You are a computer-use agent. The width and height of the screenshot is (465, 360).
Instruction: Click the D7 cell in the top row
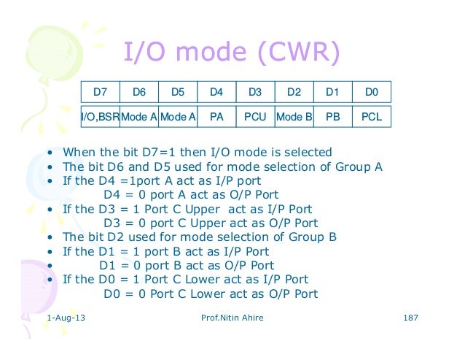point(100,92)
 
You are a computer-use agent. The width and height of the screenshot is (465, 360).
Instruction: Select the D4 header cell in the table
point(216,92)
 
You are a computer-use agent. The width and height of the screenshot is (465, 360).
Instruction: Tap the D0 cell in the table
point(372,92)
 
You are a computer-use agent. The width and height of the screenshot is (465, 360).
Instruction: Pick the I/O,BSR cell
point(100,116)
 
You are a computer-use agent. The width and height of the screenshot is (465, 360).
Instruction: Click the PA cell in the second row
point(216,116)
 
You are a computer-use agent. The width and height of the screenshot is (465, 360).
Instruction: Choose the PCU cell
point(255,116)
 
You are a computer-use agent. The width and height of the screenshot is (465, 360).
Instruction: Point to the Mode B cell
point(294,116)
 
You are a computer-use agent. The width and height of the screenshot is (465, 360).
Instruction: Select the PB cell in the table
point(333,116)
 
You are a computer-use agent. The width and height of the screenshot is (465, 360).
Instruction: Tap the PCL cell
point(372,116)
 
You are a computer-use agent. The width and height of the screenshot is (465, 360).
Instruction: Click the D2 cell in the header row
point(294,92)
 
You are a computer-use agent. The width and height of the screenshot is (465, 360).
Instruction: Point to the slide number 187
point(410,320)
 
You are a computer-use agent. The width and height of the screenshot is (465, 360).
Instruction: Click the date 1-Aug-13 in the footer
point(64,320)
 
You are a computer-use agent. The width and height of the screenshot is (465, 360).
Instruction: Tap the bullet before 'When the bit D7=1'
point(48,153)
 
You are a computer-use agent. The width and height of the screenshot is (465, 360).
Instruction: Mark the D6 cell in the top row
point(138,92)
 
